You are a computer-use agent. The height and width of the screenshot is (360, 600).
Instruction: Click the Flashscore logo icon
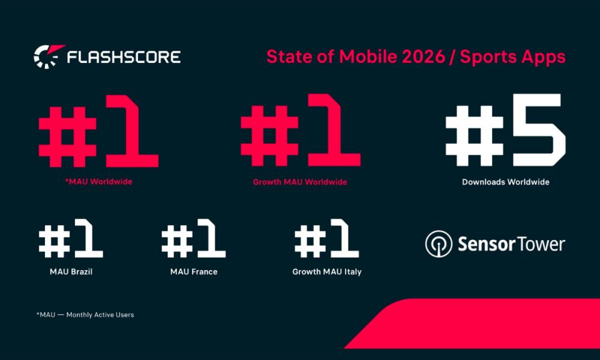pos(46,57)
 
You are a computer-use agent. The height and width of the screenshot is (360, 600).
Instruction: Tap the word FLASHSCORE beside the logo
pos(124,58)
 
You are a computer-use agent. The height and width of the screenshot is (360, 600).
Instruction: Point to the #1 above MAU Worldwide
pos(98,138)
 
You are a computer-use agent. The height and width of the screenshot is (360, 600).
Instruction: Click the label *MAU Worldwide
pos(98,181)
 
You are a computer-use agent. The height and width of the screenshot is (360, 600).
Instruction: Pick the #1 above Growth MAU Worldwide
pos(300,138)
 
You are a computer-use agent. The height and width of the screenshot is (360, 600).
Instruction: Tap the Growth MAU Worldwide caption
pos(300,181)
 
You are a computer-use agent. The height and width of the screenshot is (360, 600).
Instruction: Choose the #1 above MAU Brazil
pos(71,241)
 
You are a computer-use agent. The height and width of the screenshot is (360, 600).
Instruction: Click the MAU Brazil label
pos(71,272)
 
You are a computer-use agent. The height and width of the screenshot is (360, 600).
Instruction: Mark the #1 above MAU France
pos(193,241)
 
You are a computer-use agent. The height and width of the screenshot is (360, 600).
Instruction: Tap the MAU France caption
pos(193,272)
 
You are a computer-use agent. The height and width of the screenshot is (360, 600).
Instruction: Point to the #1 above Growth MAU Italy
pos(326,241)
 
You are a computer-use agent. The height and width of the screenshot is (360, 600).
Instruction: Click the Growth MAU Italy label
pos(326,272)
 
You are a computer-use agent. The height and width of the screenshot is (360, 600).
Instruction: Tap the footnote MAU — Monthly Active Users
pos(85,314)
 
